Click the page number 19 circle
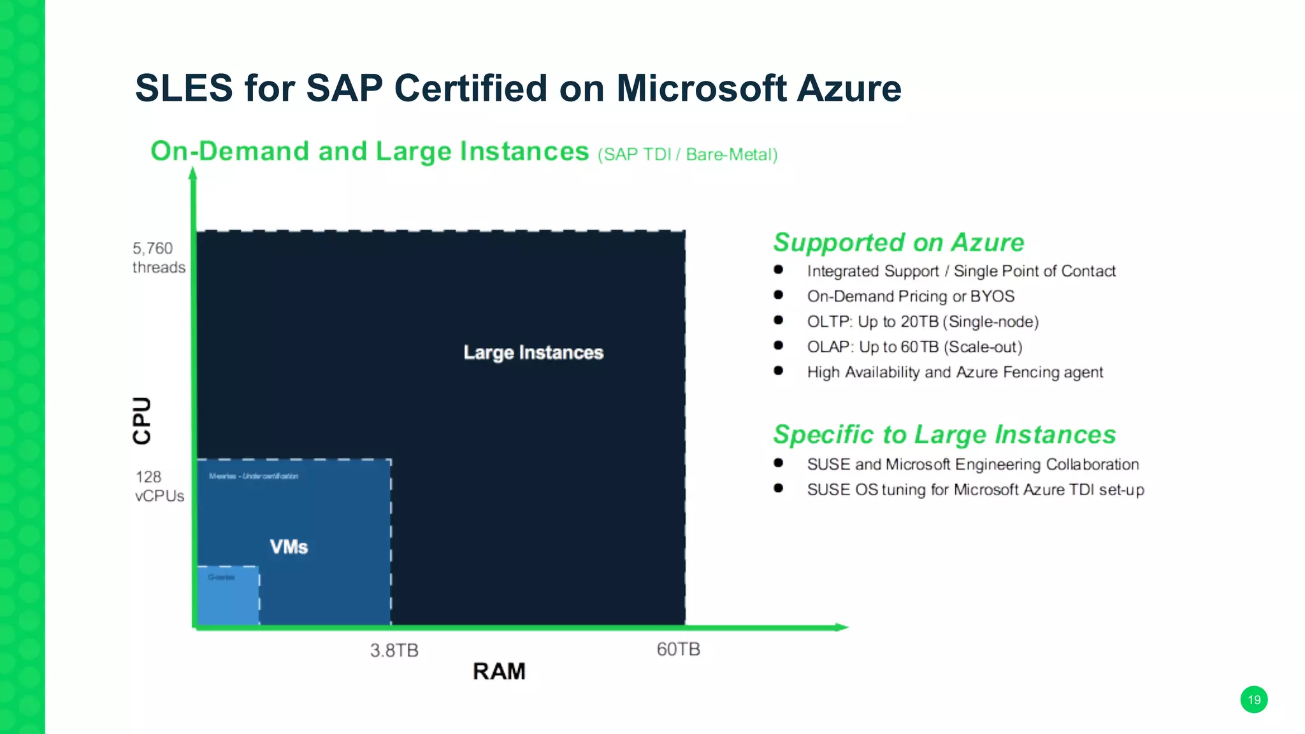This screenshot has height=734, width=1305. (1253, 700)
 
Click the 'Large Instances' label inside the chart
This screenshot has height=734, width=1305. (533, 352)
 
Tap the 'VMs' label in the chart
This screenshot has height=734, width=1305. (289, 547)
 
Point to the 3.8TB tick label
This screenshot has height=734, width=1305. (394, 651)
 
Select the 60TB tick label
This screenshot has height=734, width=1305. (678, 649)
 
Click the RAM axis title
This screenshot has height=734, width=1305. (499, 672)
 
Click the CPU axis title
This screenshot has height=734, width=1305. (142, 421)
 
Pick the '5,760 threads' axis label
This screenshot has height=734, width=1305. (158, 257)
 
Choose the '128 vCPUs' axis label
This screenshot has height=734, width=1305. (159, 486)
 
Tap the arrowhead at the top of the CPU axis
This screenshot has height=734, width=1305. (193, 173)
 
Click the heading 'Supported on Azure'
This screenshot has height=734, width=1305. (898, 243)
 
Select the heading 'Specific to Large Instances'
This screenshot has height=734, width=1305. (944, 435)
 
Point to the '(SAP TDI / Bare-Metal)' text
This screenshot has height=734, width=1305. (688, 155)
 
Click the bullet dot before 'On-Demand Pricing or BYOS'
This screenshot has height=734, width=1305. (778, 295)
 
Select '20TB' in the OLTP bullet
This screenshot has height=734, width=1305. (919, 322)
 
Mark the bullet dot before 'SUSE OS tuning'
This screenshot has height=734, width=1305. (778, 489)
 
